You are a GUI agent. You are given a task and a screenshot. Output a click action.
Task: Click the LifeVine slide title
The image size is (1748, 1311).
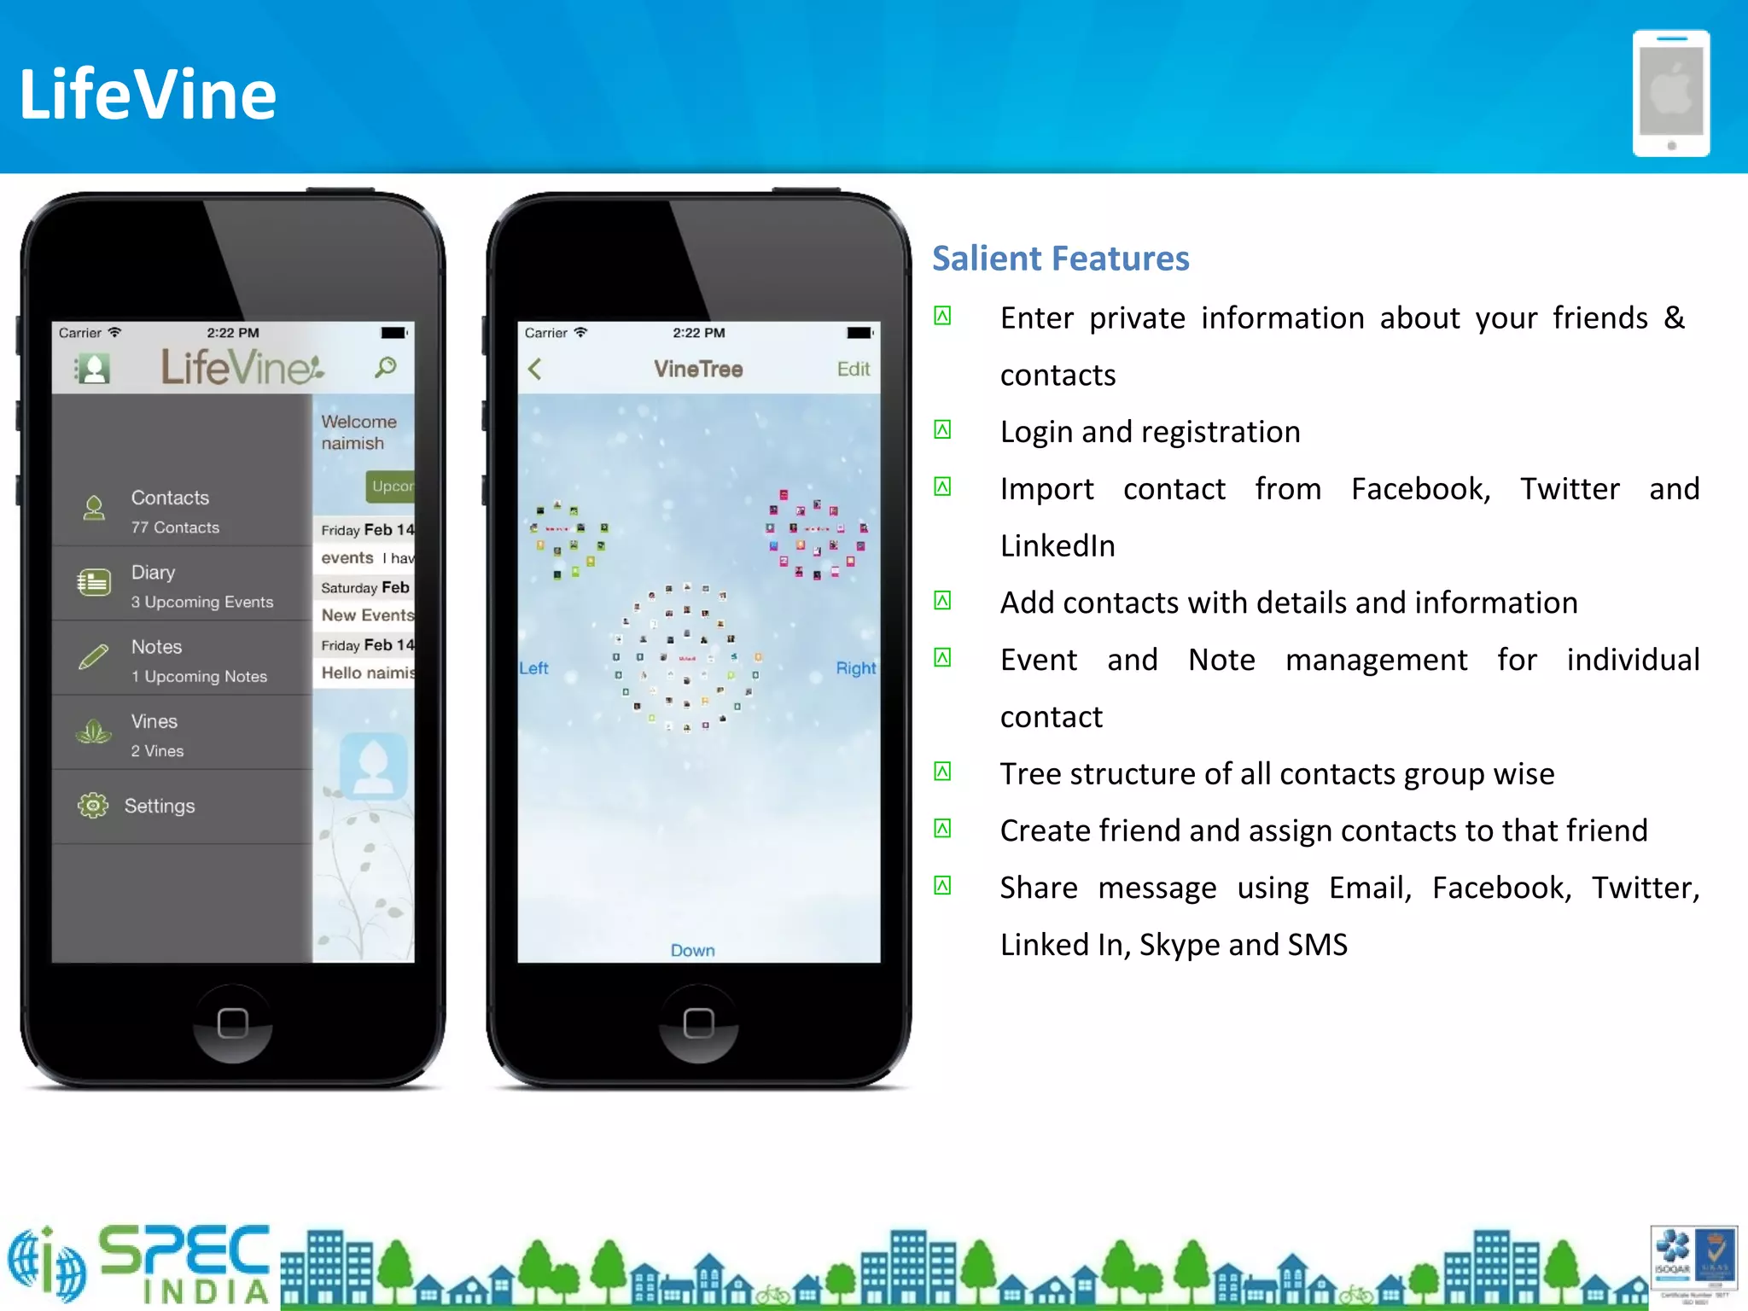pyautogui.click(x=148, y=94)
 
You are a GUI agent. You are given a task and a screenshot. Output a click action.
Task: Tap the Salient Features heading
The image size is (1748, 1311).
pyautogui.click(x=1060, y=259)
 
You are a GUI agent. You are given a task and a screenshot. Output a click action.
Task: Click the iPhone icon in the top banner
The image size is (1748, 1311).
pyautogui.click(x=1670, y=94)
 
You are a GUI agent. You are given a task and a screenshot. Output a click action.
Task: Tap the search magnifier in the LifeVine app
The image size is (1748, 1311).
pyautogui.click(x=386, y=368)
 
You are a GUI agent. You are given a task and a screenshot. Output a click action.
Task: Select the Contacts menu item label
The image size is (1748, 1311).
pyautogui.click(x=170, y=498)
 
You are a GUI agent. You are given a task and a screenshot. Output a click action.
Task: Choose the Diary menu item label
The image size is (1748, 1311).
pyautogui.click(x=153, y=572)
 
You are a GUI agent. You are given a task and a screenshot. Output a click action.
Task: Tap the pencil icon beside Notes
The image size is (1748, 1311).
pyautogui.click(x=93, y=657)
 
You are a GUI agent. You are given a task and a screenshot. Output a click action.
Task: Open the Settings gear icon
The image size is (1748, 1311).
pyautogui.click(x=93, y=806)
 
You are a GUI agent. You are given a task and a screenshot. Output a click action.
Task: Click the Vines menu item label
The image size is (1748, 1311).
pyautogui.click(x=154, y=721)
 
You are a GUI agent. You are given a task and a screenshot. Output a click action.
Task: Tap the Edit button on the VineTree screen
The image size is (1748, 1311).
pyautogui.click(x=853, y=369)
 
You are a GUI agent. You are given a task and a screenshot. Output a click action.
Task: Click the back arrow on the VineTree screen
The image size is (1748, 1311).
pyautogui.click(x=535, y=369)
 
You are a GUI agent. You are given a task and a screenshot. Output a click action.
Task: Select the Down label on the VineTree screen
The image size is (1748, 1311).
pyautogui.click(x=692, y=950)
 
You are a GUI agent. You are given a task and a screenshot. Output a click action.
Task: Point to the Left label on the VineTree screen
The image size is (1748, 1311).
pyautogui.click(x=533, y=668)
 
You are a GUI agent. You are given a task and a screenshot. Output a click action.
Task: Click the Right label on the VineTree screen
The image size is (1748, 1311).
pyautogui.click(x=855, y=668)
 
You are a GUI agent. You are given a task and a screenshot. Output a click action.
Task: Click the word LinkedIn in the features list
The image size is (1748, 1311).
pyautogui.click(x=1058, y=546)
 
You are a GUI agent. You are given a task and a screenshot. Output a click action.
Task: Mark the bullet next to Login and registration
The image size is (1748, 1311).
pyautogui.click(x=942, y=429)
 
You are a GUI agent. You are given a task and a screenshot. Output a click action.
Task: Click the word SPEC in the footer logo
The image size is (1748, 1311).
pyautogui.click(x=184, y=1251)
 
